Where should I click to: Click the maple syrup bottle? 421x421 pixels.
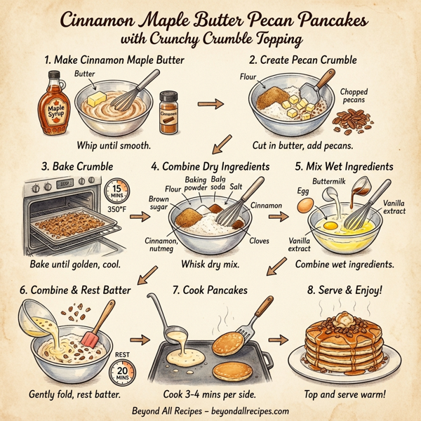pos(53,104)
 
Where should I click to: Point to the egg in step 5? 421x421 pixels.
pos(305,204)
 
